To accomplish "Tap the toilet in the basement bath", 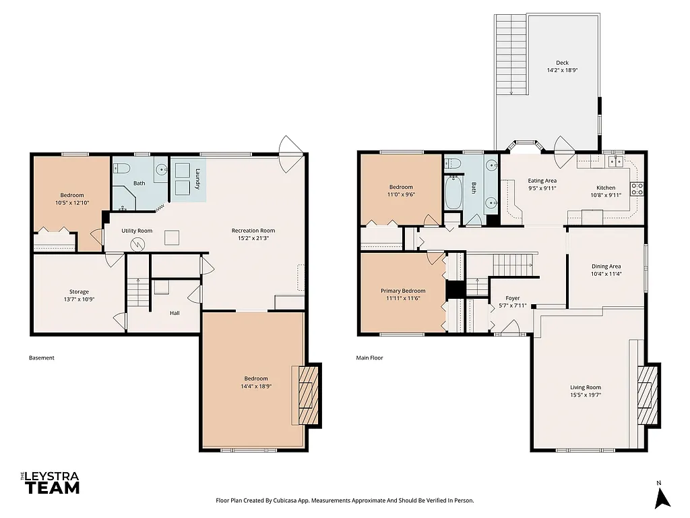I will (x=122, y=169).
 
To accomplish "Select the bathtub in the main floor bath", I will (x=453, y=192).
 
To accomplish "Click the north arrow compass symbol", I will (x=662, y=496).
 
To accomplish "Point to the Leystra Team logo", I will (x=51, y=483).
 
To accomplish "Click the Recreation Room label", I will (x=253, y=231).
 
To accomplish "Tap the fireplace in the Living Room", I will (x=648, y=396).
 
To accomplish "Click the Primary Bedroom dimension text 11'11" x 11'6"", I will (x=403, y=298).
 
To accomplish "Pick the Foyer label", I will (x=513, y=297).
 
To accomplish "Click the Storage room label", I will (x=79, y=292).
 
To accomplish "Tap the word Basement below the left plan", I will (x=42, y=357).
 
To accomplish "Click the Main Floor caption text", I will (x=369, y=357).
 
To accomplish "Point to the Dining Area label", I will (x=606, y=266).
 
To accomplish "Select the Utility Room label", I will (x=137, y=231).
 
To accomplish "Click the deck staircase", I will (x=510, y=54).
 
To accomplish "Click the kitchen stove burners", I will (x=636, y=188).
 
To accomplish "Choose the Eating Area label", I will (x=542, y=181).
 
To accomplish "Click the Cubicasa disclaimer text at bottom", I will (x=344, y=500).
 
